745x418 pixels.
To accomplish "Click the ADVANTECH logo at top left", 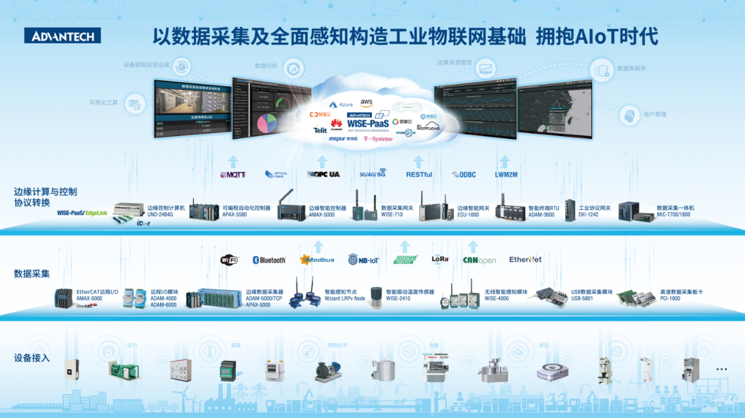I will tap(62, 36).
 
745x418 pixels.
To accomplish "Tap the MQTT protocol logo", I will tap(232, 175).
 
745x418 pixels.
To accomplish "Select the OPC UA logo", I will tap(324, 174).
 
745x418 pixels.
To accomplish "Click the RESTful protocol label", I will tap(419, 175).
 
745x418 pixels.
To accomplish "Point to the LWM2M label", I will tap(506, 175).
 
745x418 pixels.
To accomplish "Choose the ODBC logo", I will tap(464, 175).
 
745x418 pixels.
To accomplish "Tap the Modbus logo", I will tap(317, 260).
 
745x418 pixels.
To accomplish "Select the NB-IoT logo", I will tap(364, 260).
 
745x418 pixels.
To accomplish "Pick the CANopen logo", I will tap(479, 260).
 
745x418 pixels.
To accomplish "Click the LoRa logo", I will tap(440, 260).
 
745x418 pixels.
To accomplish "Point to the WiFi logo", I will tap(229, 260).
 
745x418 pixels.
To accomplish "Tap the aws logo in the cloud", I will tap(366, 102).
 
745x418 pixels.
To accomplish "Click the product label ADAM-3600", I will tap(542, 215).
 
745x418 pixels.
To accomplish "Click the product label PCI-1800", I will tap(670, 299).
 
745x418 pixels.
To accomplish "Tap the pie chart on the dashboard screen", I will tap(263, 125).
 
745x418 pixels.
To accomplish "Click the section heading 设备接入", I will tap(32, 358).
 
